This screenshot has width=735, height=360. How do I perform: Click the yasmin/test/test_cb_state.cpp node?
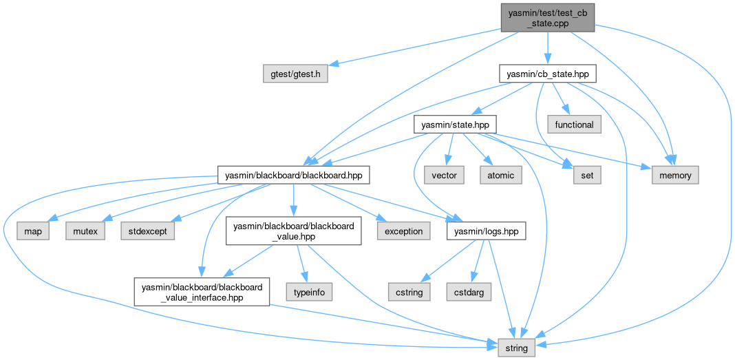[546, 17]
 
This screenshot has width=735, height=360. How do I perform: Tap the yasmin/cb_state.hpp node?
[546, 74]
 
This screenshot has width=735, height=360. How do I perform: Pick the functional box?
[574, 125]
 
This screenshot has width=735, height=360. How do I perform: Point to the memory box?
[675, 176]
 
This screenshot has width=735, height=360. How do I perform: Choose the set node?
[586, 176]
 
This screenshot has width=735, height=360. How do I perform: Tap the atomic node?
[500, 176]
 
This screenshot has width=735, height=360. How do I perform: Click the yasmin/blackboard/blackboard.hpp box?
[294, 176]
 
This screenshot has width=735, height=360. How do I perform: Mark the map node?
[33, 231]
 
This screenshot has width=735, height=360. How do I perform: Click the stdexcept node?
[147, 231]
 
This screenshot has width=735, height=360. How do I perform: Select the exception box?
[403, 231]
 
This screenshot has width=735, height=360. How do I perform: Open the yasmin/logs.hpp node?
[487, 231]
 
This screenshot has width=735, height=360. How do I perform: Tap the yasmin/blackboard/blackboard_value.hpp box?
[294, 231]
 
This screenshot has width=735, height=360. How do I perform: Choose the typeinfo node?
[310, 292]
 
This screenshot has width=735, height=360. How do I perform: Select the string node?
[516, 348]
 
